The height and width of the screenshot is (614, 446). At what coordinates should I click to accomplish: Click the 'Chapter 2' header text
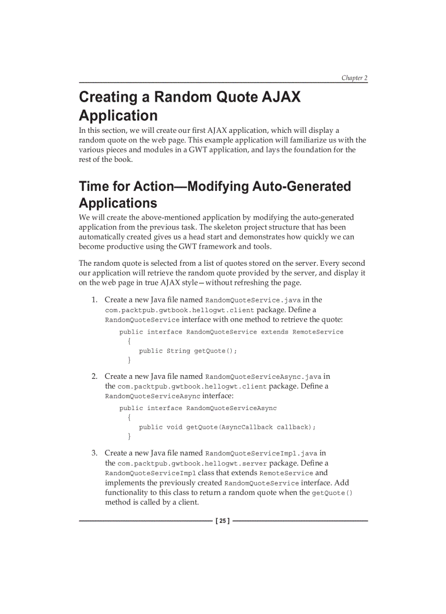(354, 78)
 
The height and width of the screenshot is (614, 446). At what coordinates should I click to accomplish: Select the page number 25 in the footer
(223, 521)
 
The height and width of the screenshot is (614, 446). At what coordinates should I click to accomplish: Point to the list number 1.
(94, 300)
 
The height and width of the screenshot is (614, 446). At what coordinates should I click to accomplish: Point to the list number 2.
(94, 376)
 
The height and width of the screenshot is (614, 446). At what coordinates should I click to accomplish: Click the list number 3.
(94, 453)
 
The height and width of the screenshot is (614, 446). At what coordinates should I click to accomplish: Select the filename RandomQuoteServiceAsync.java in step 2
(263, 377)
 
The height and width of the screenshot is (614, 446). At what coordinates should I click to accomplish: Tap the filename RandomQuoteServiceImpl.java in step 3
(261, 453)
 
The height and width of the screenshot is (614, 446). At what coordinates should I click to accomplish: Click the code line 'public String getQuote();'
(188, 351)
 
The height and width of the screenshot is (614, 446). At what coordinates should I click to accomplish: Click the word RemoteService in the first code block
(318, 332)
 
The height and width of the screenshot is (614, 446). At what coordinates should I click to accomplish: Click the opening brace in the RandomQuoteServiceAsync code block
(130, 418)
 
